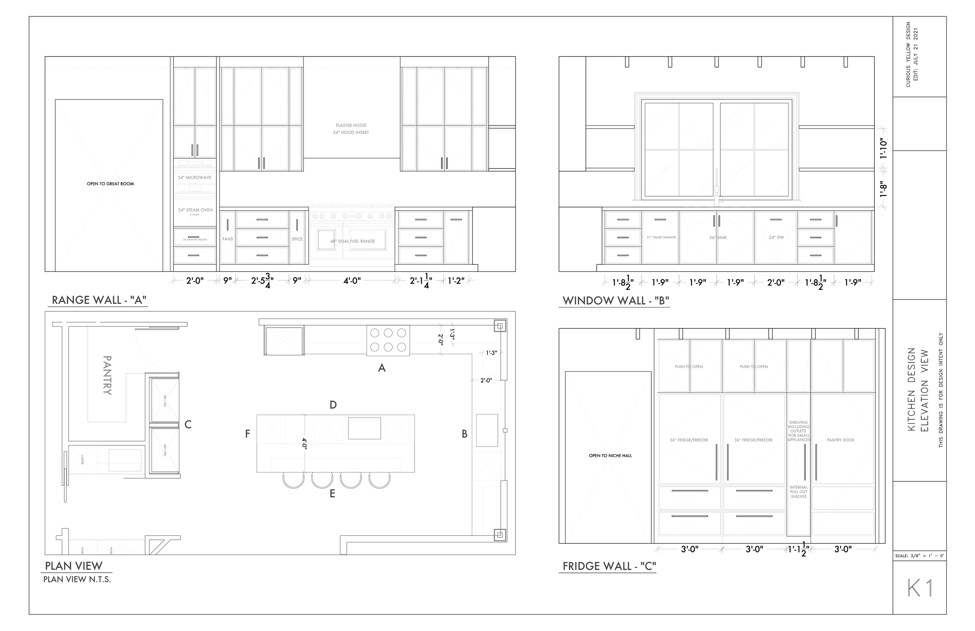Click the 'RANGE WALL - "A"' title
(x=99, y=300)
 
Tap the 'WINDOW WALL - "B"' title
(x=616, y=301)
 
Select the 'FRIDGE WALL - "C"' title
(x=609, y=566)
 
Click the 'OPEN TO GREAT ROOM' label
(x=110, y=184)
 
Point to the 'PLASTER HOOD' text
(x=351, y=125)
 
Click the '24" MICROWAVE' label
(x=195, y=177)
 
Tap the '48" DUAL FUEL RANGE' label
(x=353, y=241)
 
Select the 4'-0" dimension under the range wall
(x=352, y=281)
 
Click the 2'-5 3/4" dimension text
(x=262, y=281)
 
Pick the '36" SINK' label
(x=718, y=238)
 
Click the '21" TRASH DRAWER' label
(x=661, y=238)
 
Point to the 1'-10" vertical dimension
(x=883, y=149)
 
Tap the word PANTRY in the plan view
(x=107, y=375)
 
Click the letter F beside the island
(x=247, y=434)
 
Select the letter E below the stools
(x=332, y=494)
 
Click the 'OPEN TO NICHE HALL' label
(x=610, y=456)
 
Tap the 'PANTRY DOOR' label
(x=840, y=440)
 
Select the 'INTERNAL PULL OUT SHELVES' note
(x=798, y=492)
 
